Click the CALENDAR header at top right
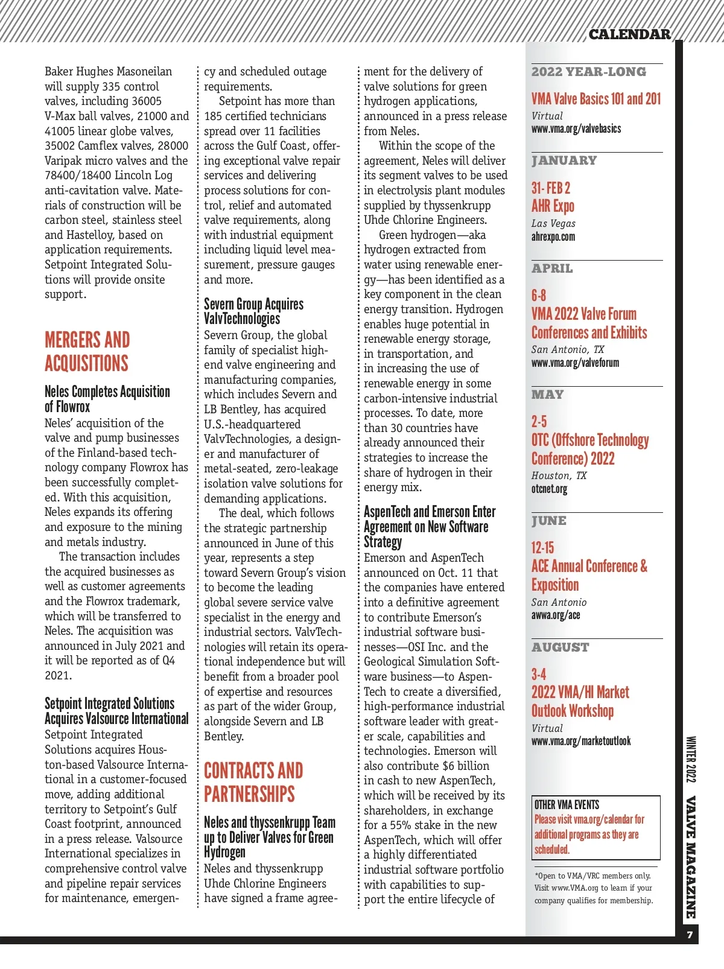click(629, 34)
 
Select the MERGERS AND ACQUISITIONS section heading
click(87, 351)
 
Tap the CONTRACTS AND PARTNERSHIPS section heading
click(253, 782)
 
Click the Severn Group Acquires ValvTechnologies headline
click(253, 311)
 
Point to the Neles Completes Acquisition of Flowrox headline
click(107, 399)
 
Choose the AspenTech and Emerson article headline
click(430, 527)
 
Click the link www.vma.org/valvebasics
click(576, 129)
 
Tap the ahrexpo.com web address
click(553, 237)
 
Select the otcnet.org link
click(549, 489)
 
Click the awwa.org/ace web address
click(556, 615)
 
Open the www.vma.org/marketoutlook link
click(581, 741)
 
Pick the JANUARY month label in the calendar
click(564, 160)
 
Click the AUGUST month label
click(560, 647)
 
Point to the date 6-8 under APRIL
click(539, 296)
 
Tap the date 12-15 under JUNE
click(542, 548)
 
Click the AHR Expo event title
click(553, 206)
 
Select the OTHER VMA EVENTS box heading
click(567, 805)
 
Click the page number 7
click(690, 935)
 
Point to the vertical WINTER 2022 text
click(691, 759)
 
